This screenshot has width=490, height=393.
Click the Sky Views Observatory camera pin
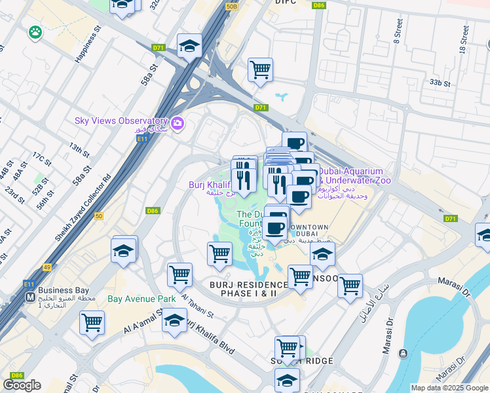pos(177,123)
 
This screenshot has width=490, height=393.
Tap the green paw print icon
pos(35,31)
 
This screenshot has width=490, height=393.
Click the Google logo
pos(22,385)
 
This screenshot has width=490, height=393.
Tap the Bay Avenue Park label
pos(141,299)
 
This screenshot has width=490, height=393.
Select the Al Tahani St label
pos(197,306)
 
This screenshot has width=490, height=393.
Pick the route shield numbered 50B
pos(231,6)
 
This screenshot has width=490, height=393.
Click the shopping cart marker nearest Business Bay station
pos(92,322)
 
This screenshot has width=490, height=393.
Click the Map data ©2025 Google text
pos(449,388)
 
